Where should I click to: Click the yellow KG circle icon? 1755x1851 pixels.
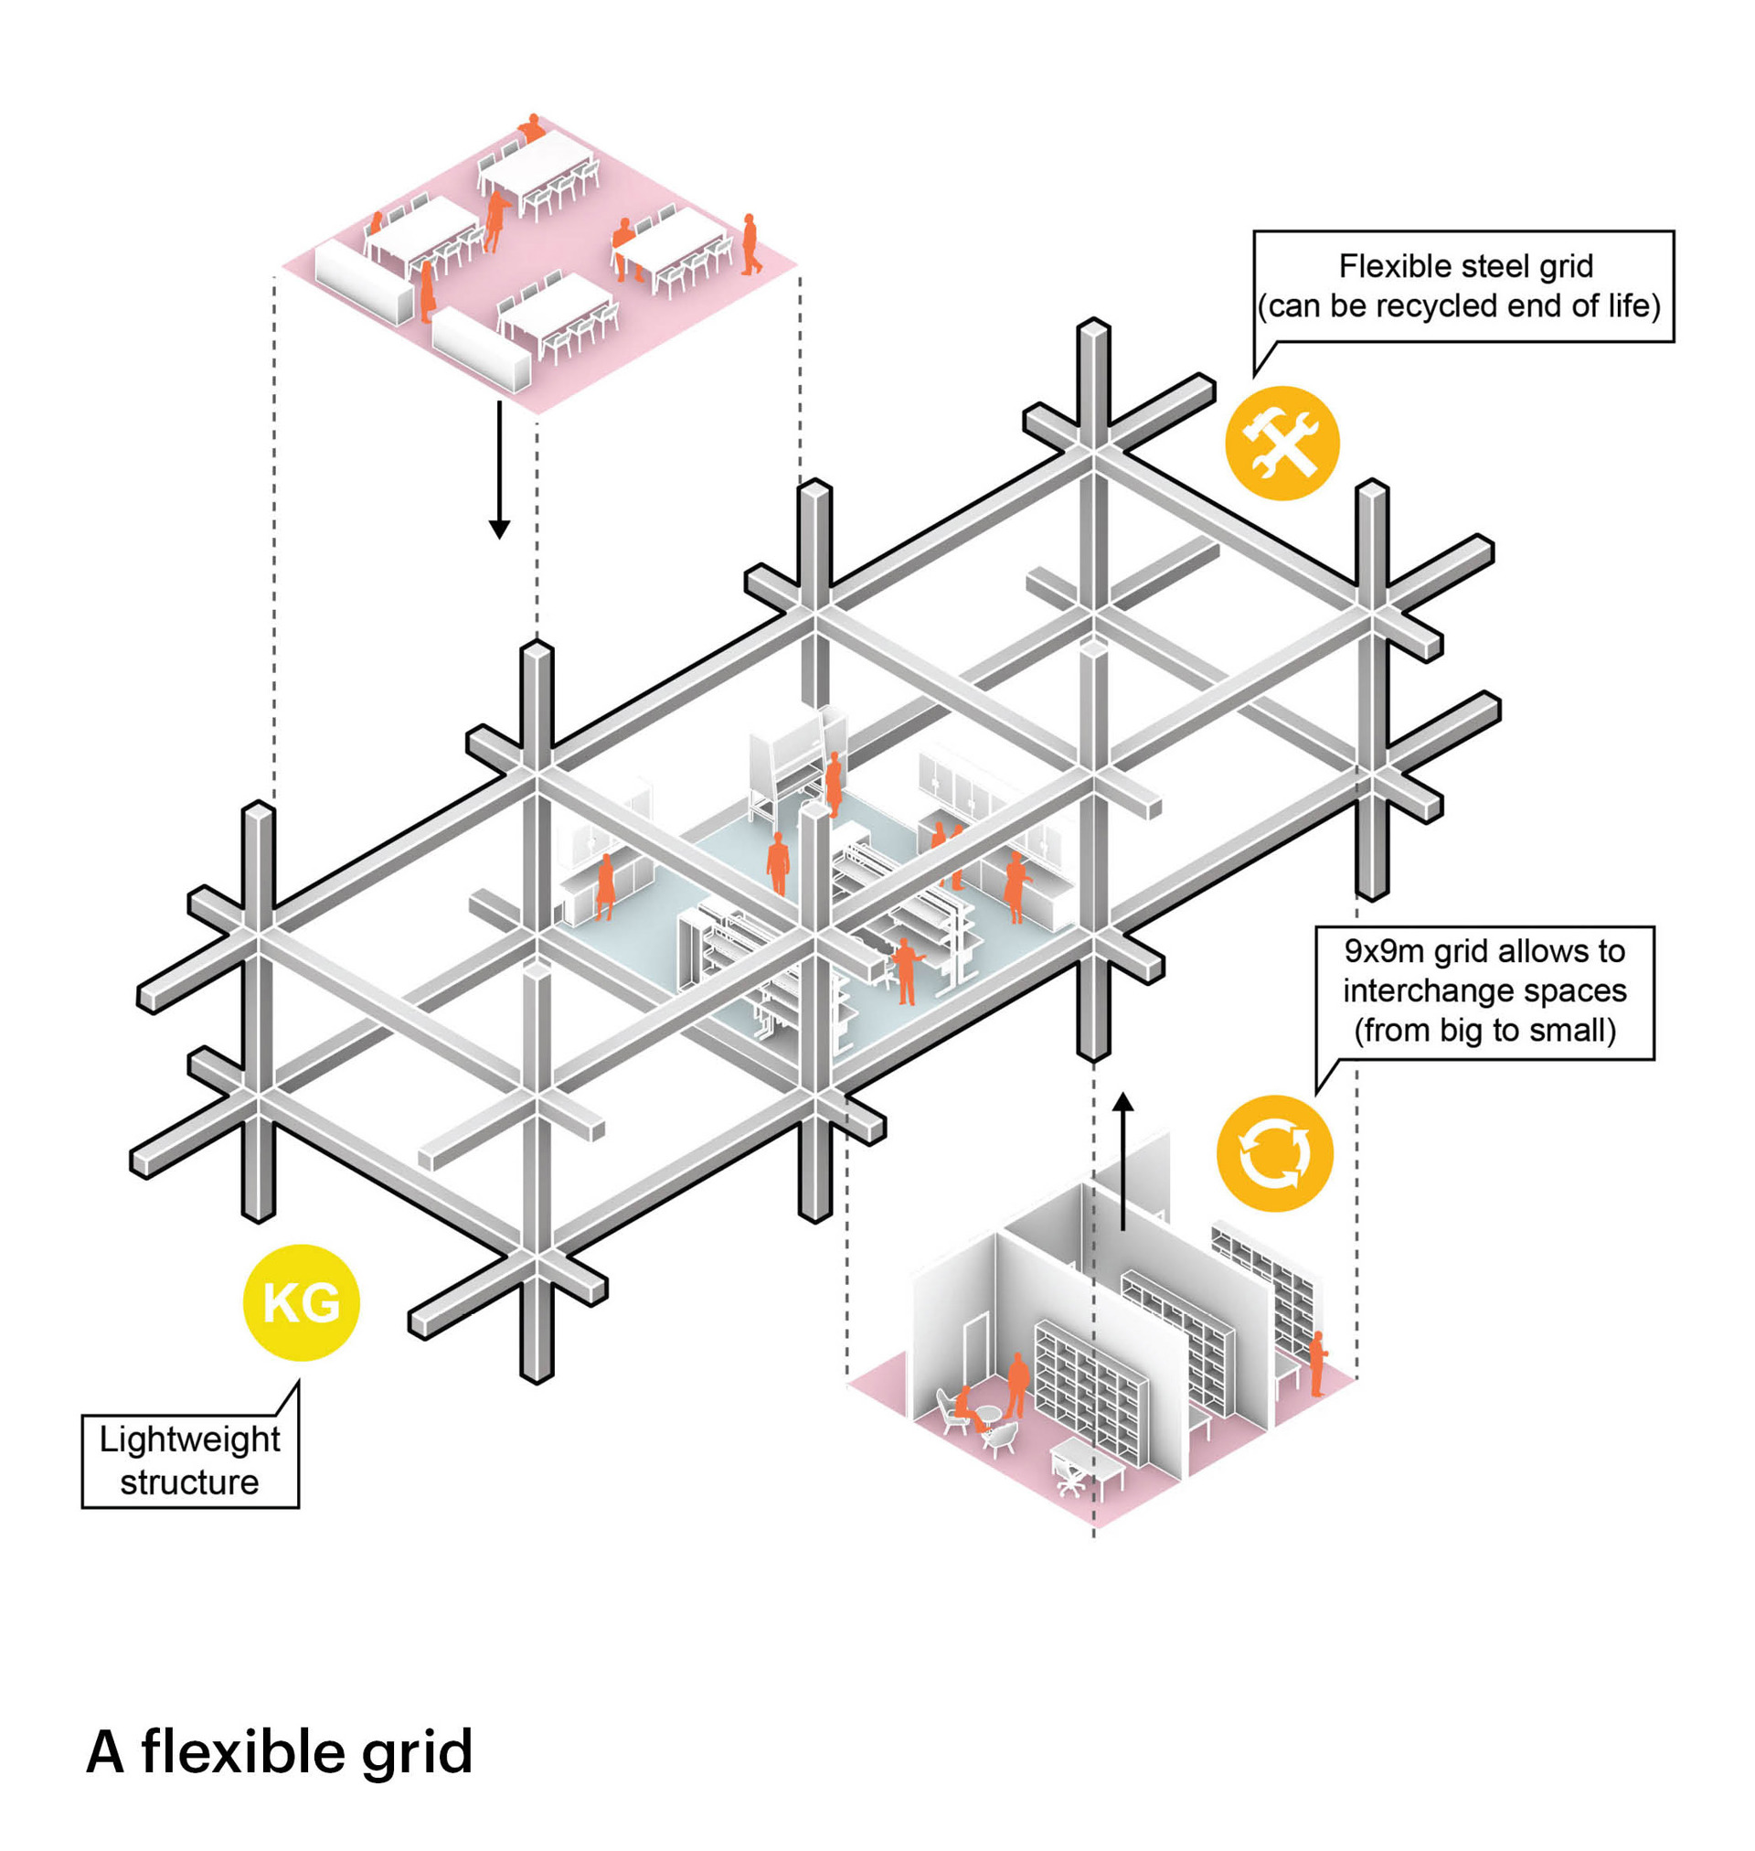click(302, 1302)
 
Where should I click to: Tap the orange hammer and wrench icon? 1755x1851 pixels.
click(1282, 443)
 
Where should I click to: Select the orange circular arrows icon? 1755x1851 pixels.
click(1274, 1153)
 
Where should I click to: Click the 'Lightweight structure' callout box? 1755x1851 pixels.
click(190, 1460)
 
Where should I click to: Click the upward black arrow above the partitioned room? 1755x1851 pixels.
click(1123, 1161)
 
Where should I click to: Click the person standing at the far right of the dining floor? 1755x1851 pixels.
click(750, 245)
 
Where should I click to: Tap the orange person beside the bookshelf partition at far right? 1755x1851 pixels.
click(1317, 1364)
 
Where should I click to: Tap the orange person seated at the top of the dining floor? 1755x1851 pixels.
click(532, 128)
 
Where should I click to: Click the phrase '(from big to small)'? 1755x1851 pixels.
click(1484, 1031)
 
